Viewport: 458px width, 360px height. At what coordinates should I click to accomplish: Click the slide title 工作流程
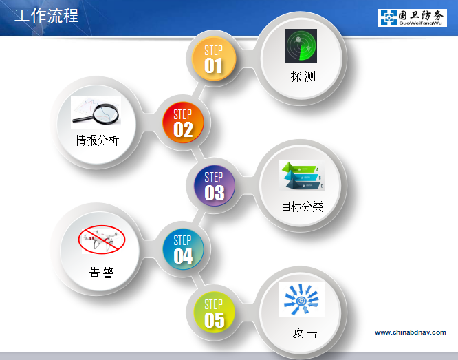[x=46, y=16]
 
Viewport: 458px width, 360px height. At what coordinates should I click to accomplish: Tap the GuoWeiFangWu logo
[x=412, y=17]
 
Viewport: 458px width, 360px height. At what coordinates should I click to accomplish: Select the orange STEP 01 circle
[x=213, y=59]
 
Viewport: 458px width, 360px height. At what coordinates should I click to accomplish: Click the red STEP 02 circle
[x=183, y=123]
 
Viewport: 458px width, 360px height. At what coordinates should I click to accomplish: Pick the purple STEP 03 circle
[x=215, y=186]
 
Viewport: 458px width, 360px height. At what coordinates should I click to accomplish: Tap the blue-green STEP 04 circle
[x=183, y=249]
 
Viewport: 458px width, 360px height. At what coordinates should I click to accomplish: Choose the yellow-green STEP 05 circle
[x=215, y=313]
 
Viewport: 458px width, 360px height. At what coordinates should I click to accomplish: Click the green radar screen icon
[x=301, y=45]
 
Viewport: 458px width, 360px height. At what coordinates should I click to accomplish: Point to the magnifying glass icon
[x=96, y=113]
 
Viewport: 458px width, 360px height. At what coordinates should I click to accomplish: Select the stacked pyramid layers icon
[x=302, y=175]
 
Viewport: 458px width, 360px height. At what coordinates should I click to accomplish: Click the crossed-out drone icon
[x=101, y=240]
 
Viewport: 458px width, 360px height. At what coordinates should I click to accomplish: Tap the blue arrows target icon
[x=302, y=299]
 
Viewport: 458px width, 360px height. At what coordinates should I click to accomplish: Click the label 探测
[x=303, y=76]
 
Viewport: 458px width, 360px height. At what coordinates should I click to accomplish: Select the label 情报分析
[x=97, y=140]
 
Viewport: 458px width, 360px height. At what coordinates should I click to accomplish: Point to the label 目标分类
[x=303, y=207]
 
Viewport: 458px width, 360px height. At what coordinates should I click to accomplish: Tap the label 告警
[x=101, y=273]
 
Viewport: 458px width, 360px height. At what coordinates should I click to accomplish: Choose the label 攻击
[x=305, y=332]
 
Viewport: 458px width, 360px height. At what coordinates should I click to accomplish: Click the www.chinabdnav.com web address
[x=411, y=332]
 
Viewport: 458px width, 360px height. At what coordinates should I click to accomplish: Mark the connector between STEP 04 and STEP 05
[x=198, y=280]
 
